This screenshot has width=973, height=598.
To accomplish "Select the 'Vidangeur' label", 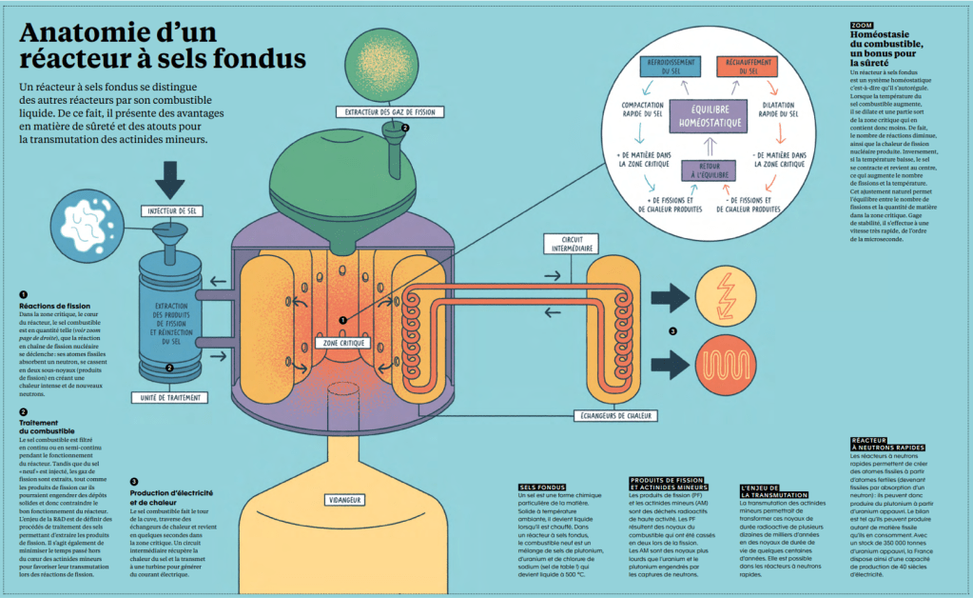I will click(343, 498).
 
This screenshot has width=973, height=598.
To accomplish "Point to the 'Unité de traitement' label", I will click(169, 397).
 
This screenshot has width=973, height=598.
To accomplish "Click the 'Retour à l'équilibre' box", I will click(705, 171).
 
